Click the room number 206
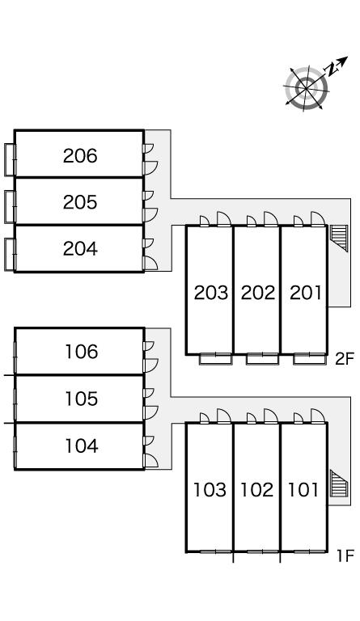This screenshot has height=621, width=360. point(80,155)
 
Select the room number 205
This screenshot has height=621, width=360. point(80,202)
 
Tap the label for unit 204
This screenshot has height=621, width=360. point(80,249)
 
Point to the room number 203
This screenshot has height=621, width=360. point(211,293)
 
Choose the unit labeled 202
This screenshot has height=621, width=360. point(258,293)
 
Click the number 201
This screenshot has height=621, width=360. point(305,293)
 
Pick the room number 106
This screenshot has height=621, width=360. point(82,352)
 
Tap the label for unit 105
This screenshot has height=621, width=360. point(82,399)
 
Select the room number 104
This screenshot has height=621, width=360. point(82,446)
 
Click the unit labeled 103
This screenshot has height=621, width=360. point(210,490)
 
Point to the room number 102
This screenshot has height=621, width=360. point(257,490)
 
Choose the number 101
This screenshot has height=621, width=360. point(303,490)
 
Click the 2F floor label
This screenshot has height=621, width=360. point(344,359)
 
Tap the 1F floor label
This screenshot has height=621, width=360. point(345,556)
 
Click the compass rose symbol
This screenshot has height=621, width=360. point(306,88)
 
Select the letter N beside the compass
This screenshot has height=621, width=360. point(332,69)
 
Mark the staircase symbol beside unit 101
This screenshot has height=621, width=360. point(339,484)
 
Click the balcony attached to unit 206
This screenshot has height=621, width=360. point(11,159)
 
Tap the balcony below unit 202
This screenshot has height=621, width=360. point(262,358)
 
